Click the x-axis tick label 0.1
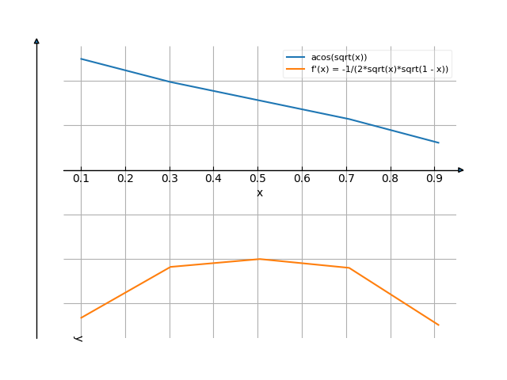coord(81,179)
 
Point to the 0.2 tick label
coord(125,179)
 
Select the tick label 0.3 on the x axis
coord(170,179)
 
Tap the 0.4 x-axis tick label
coord(213,179)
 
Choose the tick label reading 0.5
coord(257,179)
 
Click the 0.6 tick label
coord(302,179)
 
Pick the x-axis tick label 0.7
coord(346,179)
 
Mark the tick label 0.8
coord(391,179)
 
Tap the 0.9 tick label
coord(434,179)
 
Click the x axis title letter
coord(259,192)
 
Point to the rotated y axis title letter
coord(78,338)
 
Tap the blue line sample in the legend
coord(295,58)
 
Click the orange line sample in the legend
coord(295,69)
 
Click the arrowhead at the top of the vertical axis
coord(36,40)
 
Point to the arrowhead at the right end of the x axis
coord(461,170)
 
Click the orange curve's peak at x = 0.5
coord(257,259)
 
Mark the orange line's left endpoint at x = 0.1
coord(81,317)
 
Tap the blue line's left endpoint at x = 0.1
coord(81,59)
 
